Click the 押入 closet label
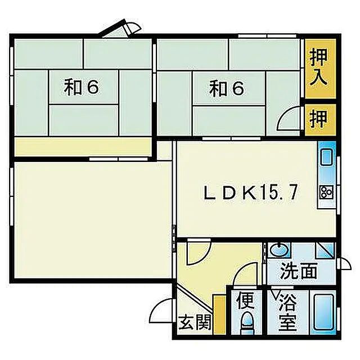[x=319, y=66]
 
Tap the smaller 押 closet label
[x=319, y=119]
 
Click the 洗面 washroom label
[x=300, y=271]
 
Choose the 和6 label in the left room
[x=82, y=87]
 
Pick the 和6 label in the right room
[x=227, y=88]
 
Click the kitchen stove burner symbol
[x=326, y=191]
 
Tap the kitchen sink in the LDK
[x=326, y=161]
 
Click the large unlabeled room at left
[x=90, y=219]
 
